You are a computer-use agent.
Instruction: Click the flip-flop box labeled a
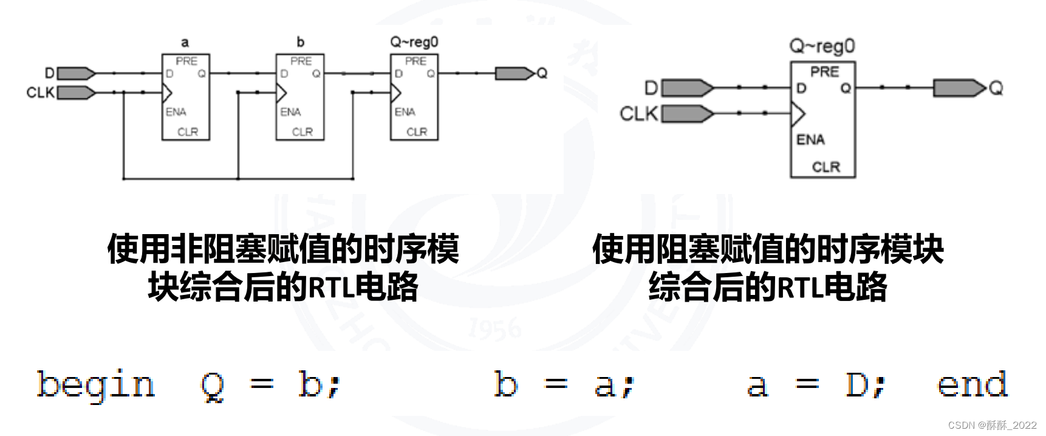pyautogui.click(x=185, y=97)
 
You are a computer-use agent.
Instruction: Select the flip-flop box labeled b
pyautogui.click(x=300, y=97)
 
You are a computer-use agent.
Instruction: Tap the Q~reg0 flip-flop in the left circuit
pyautogui.click(x=414, y=97)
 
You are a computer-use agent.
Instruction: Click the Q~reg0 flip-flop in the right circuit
pyautogui.click(x=822, y=120)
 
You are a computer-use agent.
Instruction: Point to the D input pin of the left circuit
pyautogui.click(x=76, y=74)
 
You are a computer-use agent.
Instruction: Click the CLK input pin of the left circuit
pyautogui.click(x=76, y=92)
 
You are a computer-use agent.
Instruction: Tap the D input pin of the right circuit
pyautogui.click(x=687, y=88)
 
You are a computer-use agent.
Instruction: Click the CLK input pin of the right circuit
pyautogui.click(x=687, y=114)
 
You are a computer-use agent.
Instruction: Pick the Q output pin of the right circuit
pyautogui.click(x=959, y=88)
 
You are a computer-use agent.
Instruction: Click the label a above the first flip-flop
pyautogui.click(x=185, y=43)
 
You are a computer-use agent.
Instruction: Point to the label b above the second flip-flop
pyautogui.click(x=300, y=42)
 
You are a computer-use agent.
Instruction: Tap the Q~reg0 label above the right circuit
pyautogui.click(x=822, y=46)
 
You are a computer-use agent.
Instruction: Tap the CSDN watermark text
pyautogui.click(x=992, y=425)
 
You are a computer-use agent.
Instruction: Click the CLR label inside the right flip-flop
pyautogui.click(x=826, y=167)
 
